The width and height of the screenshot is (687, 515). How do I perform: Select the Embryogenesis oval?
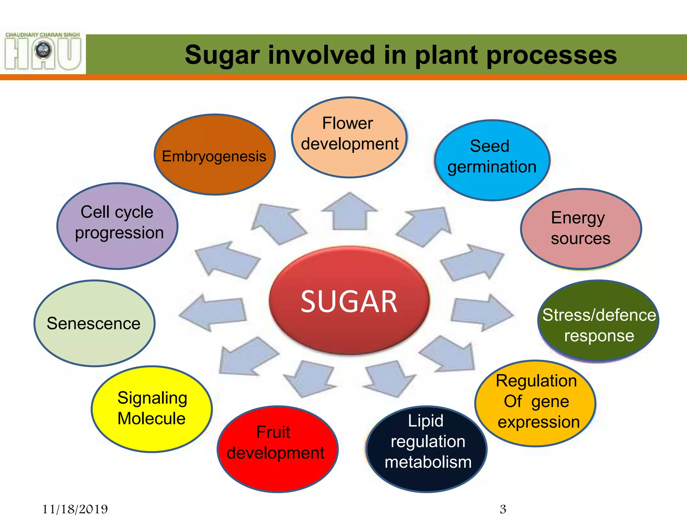click(214, 155)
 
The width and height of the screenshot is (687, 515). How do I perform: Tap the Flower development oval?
click(349, 137)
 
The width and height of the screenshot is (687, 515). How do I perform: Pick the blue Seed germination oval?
click(492, 160)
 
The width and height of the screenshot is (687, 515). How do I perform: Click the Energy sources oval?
click(581, 229)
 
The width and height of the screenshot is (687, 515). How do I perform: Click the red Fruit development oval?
click(277, 449)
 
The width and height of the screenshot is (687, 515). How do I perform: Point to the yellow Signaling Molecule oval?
click(152, 409)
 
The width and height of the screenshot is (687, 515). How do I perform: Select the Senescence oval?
click(94, 323)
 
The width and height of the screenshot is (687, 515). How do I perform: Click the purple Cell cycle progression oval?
click(117, 226)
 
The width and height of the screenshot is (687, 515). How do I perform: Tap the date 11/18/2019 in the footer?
click(75, 509)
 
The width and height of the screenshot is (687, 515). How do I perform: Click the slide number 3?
click(503, 509)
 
